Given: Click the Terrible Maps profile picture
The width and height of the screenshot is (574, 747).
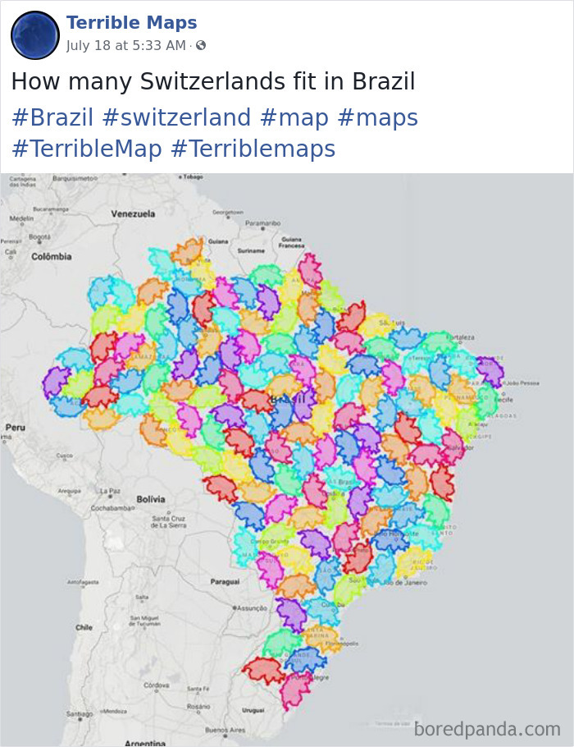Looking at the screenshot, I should pyautogui.click(x=35, y=34).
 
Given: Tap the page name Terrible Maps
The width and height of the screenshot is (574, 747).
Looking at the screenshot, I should pyautogui.click(x=131, y=23).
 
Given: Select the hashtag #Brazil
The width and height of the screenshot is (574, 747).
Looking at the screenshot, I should pyautogui.click(x=52, y=117).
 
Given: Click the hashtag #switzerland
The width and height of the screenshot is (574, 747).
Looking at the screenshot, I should pyautogui.click(x=176, y=117).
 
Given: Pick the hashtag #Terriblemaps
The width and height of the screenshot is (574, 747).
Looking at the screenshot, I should pyautogui.click(x=253, y=149).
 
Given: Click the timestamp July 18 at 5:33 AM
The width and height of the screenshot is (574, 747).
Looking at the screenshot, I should pyautogui.click(x=126, y=45).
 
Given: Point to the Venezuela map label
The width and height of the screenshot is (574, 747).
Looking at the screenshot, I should pyautogui.click(x=133, y=213).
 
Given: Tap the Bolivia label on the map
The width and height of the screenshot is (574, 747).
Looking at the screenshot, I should pyautogui.click(x=150, y=498).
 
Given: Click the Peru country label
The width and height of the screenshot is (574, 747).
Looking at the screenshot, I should pyautogui.click(x=15, y=427).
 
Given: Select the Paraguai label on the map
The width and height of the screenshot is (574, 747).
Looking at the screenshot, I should pyautogui.click(x=224, y=580).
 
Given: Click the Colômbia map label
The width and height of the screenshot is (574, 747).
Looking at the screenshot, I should pyautogui.click(x=51, y=256).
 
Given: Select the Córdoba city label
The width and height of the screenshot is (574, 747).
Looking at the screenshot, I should pyautogui.click(x=156, y=685).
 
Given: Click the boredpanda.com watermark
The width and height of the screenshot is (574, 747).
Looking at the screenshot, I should pyautogui.click(x=487, y=728).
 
